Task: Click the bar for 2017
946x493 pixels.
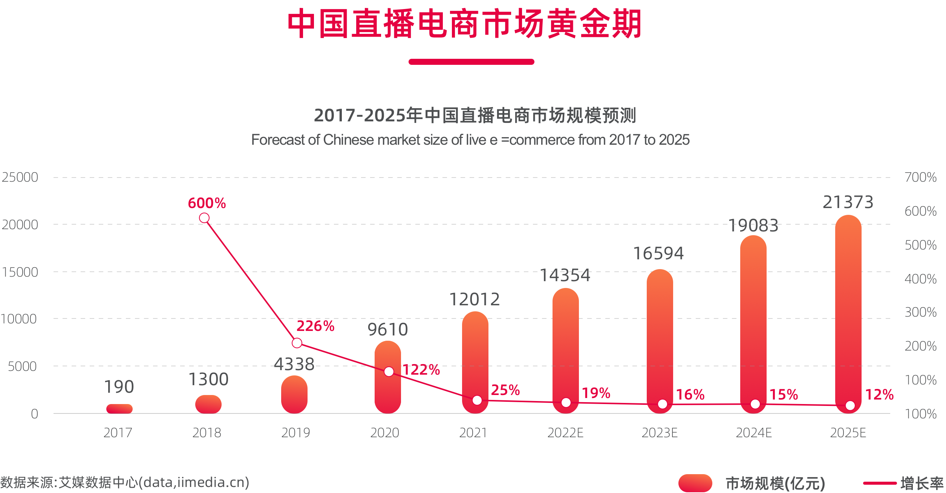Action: tap(119, 409)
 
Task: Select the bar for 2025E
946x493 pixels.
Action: tap(848, 313)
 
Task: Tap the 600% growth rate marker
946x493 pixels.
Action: tap(204, 218)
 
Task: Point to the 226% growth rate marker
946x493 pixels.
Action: tap(297, 343)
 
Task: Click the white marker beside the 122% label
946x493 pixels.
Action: tap(389, 372)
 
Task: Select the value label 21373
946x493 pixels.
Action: tap(848, 202)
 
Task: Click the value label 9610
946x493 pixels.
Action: tap(388, 330)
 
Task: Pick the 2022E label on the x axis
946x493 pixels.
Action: tap(565, 433)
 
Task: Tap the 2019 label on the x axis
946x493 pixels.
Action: tap(296, 433)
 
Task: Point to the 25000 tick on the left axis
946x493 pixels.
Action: tap(20, 177)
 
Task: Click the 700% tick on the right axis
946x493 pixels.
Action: tap(920, 177)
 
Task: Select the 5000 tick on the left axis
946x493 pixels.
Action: tap(22, 366)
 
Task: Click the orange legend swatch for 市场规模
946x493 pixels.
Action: tap(695, 483)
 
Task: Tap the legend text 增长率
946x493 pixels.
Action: tap(922, 483)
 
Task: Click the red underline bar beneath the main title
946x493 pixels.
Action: tap(471, 62)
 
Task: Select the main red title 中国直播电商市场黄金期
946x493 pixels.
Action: tap(464, 24)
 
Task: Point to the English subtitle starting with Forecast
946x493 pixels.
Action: tap(470, 140)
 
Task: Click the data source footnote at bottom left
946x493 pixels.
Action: tap(125, 482)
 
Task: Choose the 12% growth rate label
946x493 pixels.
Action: tap(879, 395)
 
